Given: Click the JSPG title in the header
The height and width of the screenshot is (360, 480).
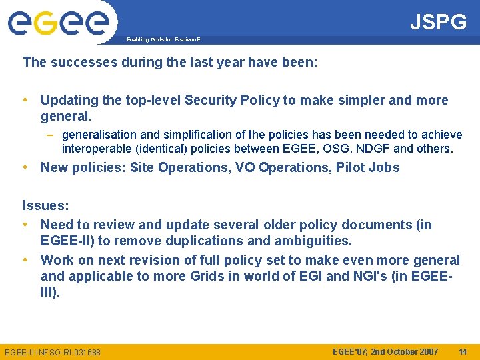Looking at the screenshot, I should pyautogui.click(x=438, y=22).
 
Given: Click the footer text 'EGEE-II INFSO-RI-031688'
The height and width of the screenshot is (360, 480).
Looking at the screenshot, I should pyautogui.click(x=53, y=352).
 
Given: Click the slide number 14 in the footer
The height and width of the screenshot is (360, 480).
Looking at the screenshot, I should pyautogui.click(x=463, y=351).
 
